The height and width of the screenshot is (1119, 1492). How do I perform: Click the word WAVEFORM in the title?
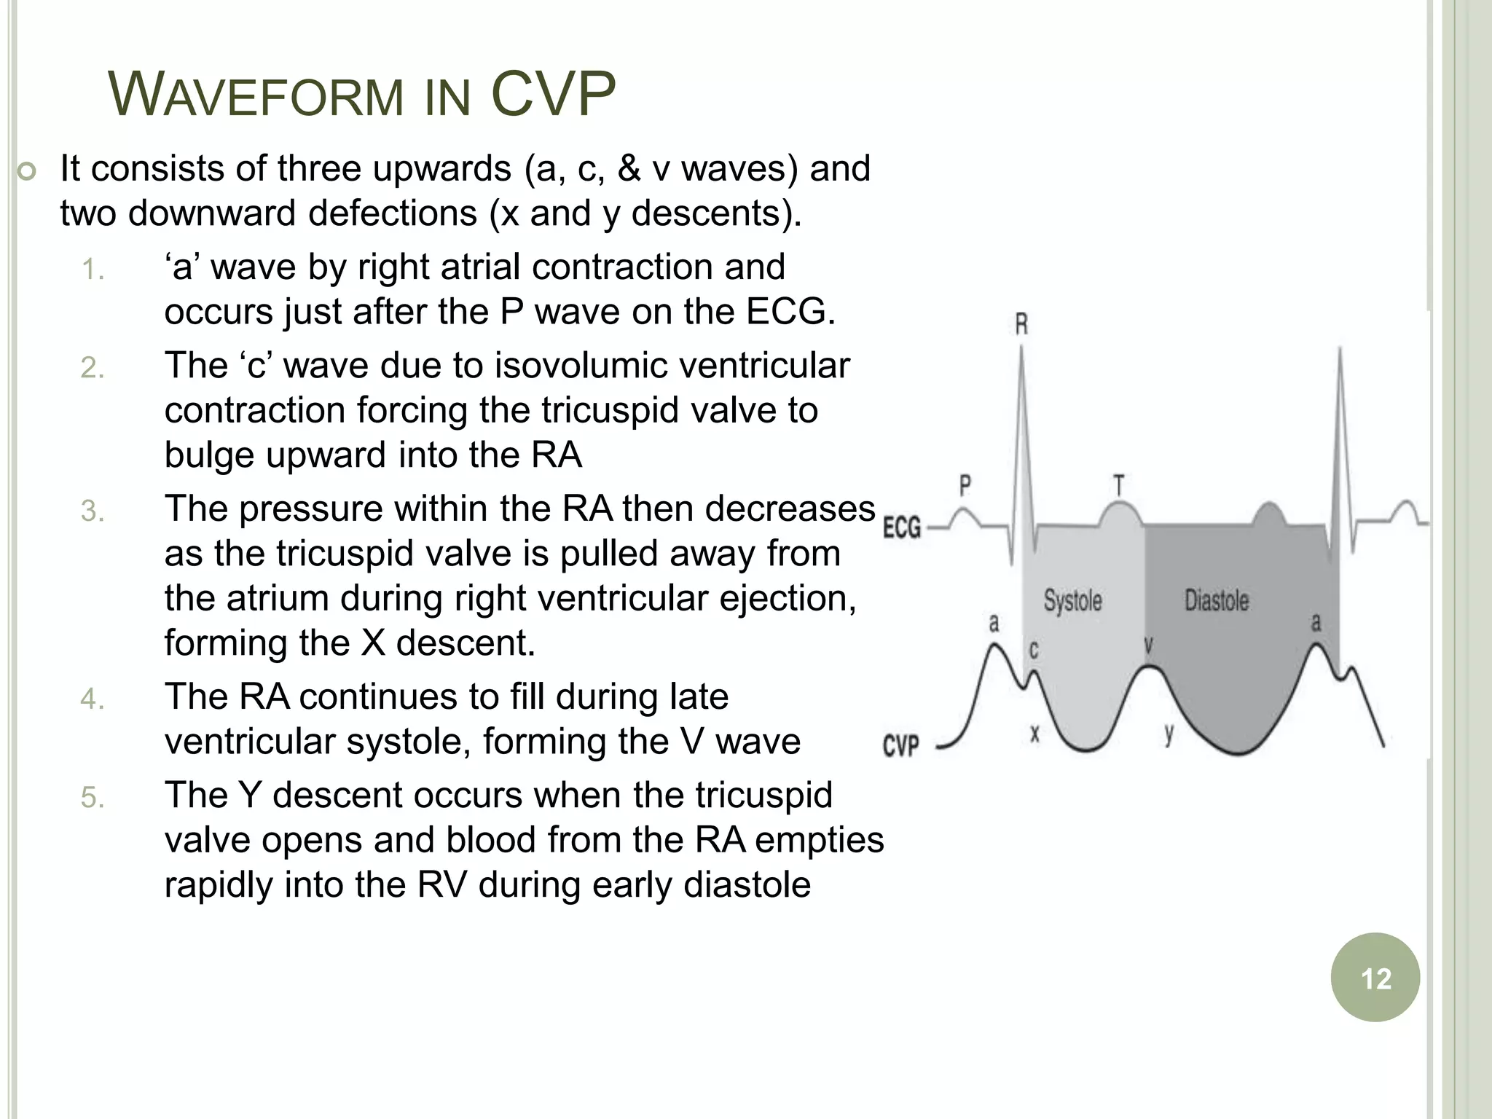tap(255, 95)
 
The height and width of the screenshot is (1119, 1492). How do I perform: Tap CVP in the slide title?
tap(553, 94)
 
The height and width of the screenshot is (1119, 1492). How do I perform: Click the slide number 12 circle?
tap(1375, 978)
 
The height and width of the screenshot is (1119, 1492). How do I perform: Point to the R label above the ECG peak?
tap(1021, 324)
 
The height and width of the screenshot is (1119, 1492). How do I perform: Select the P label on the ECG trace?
tap(965, 485)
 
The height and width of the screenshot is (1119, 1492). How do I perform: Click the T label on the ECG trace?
tap(1118, 485)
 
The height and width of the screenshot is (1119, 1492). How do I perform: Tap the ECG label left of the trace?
tap(902, 527)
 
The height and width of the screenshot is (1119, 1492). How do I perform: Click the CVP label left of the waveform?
tap(901, 745)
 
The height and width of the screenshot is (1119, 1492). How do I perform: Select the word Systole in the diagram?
tap(1072, 601)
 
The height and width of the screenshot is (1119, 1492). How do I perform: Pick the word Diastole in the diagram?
tap(1217, 601)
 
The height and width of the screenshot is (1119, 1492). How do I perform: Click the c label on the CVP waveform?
tap(1033, 649)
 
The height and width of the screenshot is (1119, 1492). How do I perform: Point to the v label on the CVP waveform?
tap(1149, 645)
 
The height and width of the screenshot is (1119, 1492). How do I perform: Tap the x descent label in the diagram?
tap(1034, 734)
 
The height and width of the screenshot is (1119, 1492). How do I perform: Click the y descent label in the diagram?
tap(1169, 734)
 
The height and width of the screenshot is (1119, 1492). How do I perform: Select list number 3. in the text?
tap(93, 511)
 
